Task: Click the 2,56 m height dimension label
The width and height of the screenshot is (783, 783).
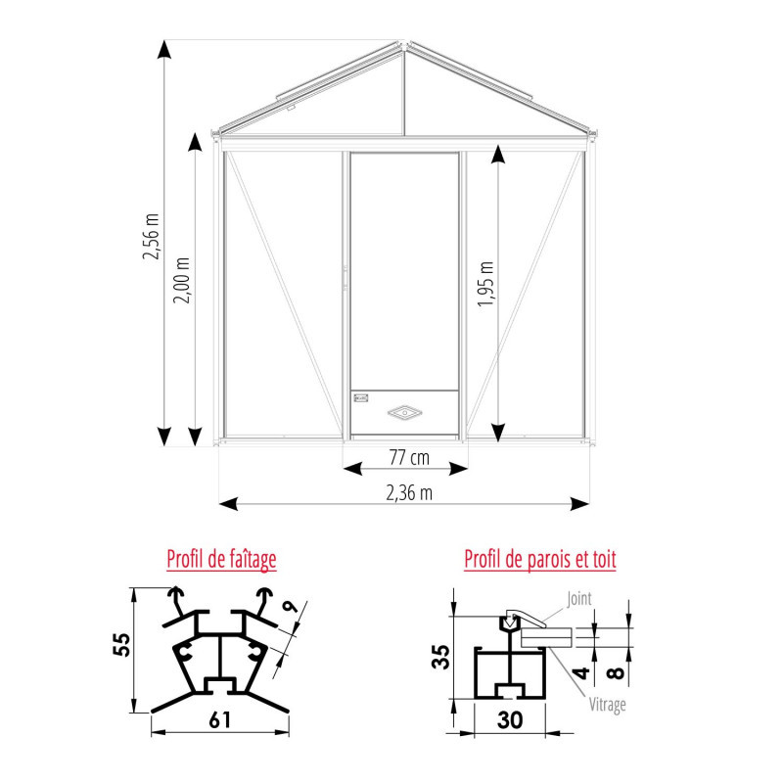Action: [x=151, y=236]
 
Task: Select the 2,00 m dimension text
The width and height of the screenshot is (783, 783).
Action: [x=181, y=280]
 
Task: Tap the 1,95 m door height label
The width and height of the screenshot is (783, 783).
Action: [x=485, y=283]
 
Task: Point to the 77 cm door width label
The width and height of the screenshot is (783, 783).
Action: [x=409, y=457]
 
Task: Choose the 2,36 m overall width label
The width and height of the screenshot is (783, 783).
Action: [x=409, y=493]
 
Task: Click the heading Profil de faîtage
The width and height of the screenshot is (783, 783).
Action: [x=221, y=559]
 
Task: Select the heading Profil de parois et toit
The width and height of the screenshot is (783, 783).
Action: [x=540, y=559]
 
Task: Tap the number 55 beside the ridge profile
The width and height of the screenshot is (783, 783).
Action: [x=121, y=645]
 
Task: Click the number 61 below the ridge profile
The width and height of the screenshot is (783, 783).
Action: [x=219, y=720]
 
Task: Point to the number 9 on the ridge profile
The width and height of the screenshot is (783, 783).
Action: [x=290, y=607]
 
